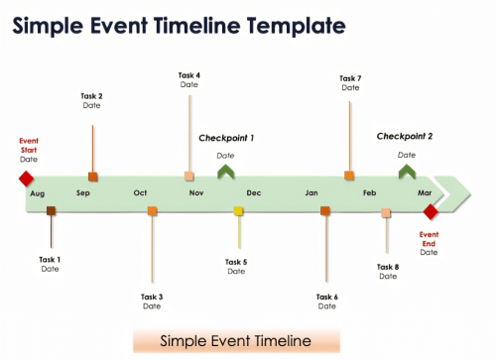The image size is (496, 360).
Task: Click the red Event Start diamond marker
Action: point(26,179)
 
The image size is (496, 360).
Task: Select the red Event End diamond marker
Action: point(431,211)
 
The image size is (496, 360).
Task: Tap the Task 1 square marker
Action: point(52,210)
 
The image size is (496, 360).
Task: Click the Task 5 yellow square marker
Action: point(238,210)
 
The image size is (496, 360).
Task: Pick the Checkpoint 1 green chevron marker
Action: point(226,173)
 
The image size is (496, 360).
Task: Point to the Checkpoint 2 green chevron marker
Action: point(407,172)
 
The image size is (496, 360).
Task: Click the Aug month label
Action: point(38,193)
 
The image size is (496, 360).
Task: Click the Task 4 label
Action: point(189,75)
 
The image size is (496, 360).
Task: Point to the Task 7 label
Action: point(350,78)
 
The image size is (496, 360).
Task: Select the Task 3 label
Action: point(152,297)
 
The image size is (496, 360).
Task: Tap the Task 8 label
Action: point(388,266)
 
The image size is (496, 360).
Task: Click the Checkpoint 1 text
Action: point(226,138)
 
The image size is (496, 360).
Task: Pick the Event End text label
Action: point(429,239)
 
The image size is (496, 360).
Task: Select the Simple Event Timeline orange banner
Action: point(236,341)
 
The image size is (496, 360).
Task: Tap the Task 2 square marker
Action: point(92,176)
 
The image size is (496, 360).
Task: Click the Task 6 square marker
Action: point(325,210)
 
